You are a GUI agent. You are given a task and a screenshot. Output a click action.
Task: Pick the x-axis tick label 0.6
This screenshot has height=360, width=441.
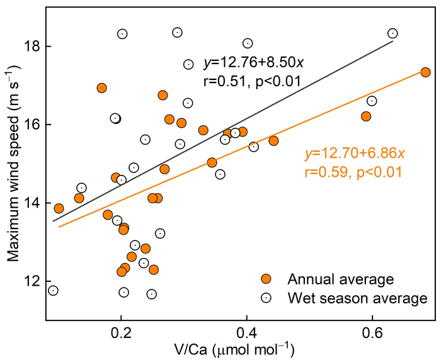(372, 332)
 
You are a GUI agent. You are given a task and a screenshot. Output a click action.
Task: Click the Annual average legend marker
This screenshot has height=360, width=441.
(266, 279)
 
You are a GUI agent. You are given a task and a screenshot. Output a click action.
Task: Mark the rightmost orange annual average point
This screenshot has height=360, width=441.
(425, 72)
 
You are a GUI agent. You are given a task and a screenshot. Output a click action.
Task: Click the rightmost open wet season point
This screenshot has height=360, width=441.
(393, 33)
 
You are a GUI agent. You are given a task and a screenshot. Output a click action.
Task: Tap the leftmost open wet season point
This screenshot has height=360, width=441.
(53, 290)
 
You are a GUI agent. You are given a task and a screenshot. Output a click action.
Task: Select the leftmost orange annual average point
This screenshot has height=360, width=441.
(59, 208)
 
